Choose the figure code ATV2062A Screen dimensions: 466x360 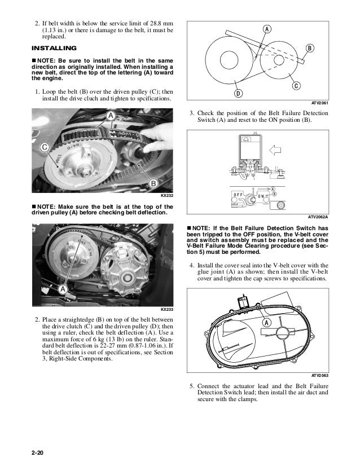coord(318,216)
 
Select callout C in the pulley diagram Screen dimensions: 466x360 coord(296,85)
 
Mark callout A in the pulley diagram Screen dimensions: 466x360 coord(265,29)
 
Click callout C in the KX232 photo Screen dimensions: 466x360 coord(43,148)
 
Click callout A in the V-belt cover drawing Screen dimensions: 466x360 coord(264,322)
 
